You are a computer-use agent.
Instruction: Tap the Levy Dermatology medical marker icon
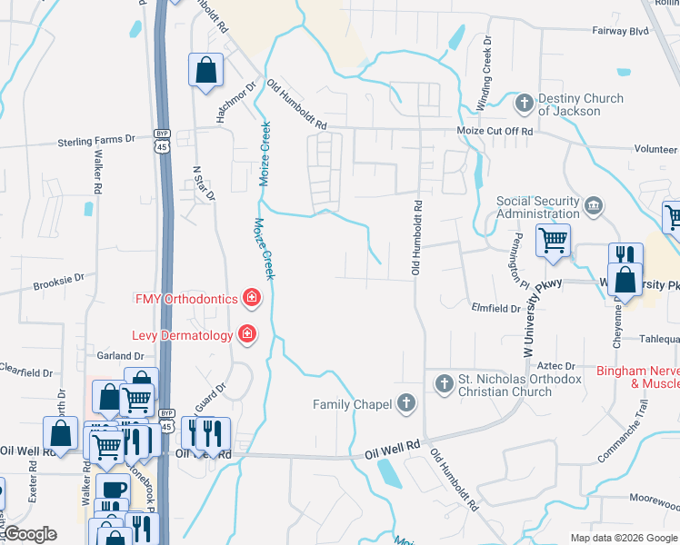pyautogui.click(x=245, y=335)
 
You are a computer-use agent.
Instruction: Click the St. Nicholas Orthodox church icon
pyautogui.click(x=444, y=383)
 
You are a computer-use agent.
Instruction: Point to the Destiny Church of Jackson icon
pyautogui.click(x=524, y=104)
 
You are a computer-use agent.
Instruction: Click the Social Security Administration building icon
pyautogui.click(x=594, y=206)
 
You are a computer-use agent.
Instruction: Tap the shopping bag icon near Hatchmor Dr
pyautogui.click(x=206, y=69)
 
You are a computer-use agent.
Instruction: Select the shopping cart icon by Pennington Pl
pyautogui.click(x=553, y=241)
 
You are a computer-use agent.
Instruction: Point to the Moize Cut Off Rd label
pyautogui.click(x=494, y=132)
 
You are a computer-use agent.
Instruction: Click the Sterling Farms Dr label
pyautogui.click(x=95, y=142)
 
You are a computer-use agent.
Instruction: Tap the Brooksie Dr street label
pyautogui.click(x=58, y=283)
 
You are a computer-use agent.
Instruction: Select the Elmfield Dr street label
pyautogui.click(x=495, y=308)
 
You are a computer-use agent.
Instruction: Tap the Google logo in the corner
pyautogui.click(x=29, y=534)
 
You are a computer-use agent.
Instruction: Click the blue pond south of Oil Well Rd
pyautogui.click(x=387, y=472)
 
